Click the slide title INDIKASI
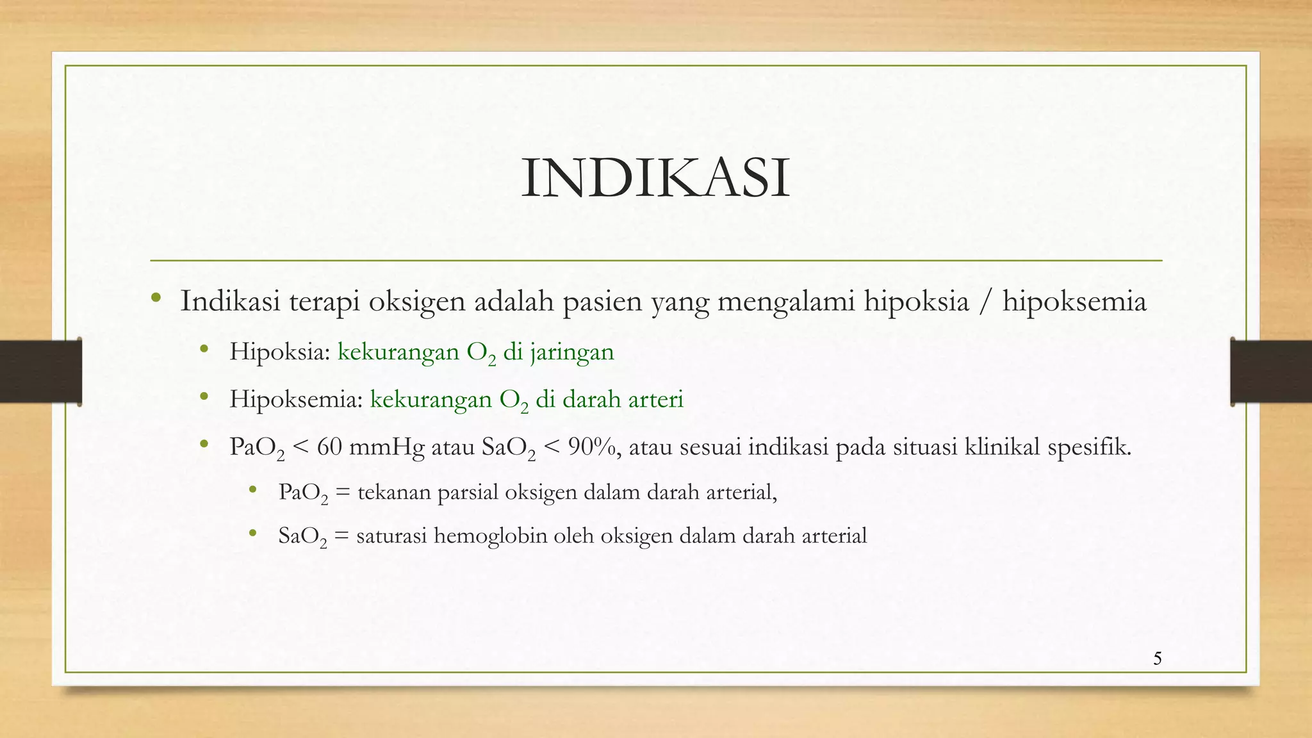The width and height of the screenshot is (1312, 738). pos(655,179)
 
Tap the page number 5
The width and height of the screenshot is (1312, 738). pos(1157,659)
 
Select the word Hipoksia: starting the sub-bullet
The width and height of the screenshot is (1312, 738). pos(280,352)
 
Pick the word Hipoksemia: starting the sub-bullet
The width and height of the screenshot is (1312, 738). pos(296,399)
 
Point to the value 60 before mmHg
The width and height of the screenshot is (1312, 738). pos(329,447)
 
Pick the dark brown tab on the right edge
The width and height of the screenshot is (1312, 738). pos(1271,372)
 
